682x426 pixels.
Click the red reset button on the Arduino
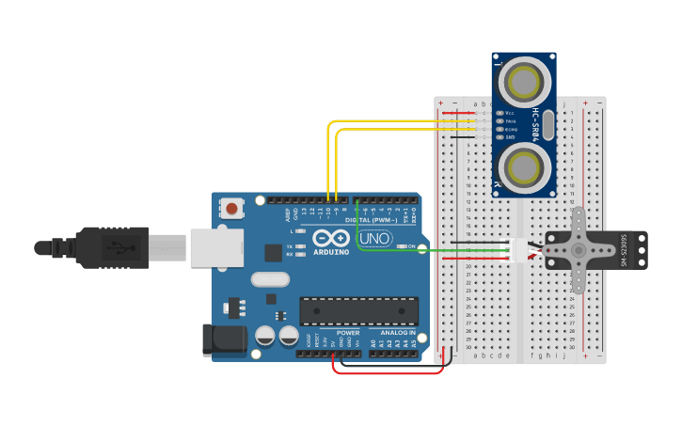[230, 207]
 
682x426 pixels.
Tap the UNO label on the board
[375, 239]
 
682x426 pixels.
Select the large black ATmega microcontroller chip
[358, 310]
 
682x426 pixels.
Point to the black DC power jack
[224, 339]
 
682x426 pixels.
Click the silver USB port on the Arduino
[216, 248]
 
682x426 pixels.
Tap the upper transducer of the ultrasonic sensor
[523, 83]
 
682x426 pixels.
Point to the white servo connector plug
[519, 250]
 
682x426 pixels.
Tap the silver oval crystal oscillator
[270, 279]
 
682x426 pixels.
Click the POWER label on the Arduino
[348, 333]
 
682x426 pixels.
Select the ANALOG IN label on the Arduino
[398, 333]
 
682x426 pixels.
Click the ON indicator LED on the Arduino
[402, 246]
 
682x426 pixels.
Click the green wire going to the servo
[433, 250]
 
